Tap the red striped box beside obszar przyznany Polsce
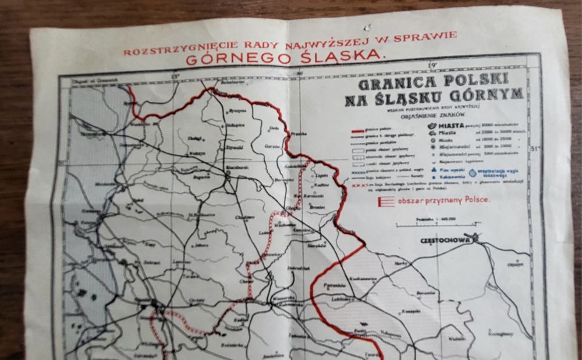point(383,202)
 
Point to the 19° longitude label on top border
point(431,65)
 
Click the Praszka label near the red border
point(298,134)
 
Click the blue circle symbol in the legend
point(473,172)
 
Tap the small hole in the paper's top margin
point(365,27)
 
